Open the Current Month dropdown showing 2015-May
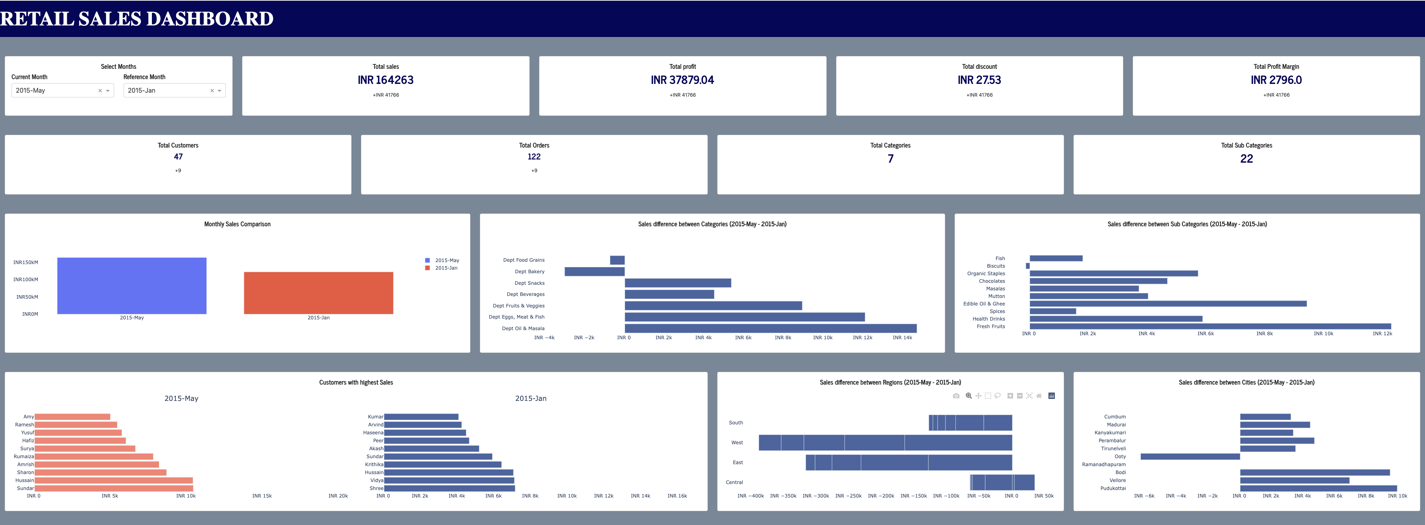(x=55, y=90)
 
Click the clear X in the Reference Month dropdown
(x=212, y=91)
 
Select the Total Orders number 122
(x=534, y=157)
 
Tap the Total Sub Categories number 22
(x=1246, y=159)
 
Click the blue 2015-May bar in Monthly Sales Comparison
(x=132, y=286)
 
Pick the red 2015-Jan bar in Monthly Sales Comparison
(x=318, y=293)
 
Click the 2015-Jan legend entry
(x=445, y=268)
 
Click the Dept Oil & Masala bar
(x=770, y=329)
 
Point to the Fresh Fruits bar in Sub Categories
(x=1210, y=327)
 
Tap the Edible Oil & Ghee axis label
(x=984, y=304)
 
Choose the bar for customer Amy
(x=72, y=416)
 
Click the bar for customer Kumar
(x=421, y=416)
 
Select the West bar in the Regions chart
(x=885, y=443)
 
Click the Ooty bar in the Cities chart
(x=1190, y=457)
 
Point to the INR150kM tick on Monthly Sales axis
(x=25, y=262)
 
